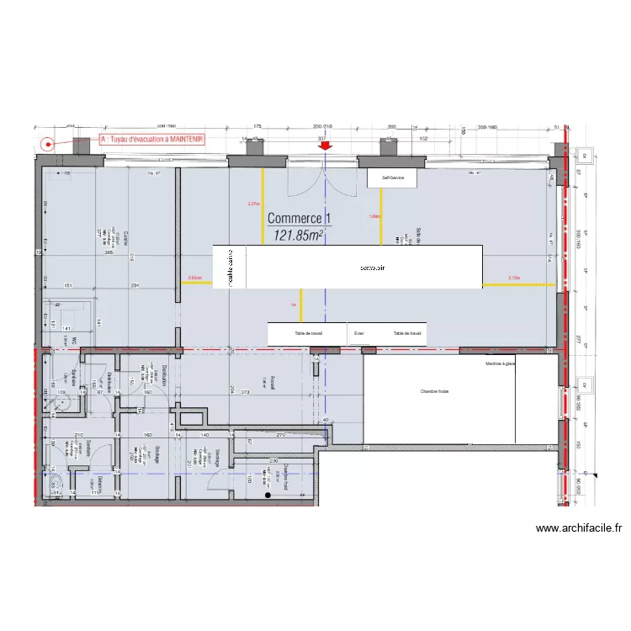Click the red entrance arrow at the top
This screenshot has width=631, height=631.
[325, 146]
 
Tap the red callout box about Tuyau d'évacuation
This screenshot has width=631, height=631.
[152, 141]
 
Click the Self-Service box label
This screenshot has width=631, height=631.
[392, 178]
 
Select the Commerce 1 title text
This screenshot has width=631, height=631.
[300, 219]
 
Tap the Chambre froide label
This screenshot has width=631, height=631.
[435, 391]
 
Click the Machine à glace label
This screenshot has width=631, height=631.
[501, 363]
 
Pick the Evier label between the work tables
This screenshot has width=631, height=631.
[360, 333]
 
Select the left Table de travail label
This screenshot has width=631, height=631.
[309, 333]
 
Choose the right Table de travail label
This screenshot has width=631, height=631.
[407, 333]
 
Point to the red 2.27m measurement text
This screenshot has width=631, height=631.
[253, 204]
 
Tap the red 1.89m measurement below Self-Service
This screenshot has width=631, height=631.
[374, 216]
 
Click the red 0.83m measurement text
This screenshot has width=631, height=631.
[194, 278]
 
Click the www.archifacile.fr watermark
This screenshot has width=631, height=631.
[579, 528]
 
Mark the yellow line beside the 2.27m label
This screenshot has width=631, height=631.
[262, 207]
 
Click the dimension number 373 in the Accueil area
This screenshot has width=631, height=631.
[246, 392]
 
